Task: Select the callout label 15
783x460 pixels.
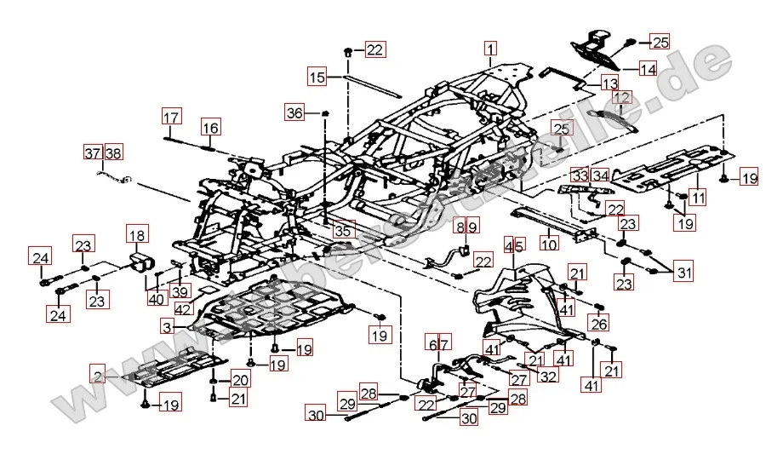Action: (317, 78)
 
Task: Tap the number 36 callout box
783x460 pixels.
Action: (294, 112)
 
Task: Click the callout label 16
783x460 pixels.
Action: (210, 128)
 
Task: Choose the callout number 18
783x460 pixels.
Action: (137, 234)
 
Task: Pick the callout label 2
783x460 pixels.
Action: (100, 374)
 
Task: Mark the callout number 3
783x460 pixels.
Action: (168, 326)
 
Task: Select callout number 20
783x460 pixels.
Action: (242, 380)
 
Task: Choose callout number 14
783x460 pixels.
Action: (649, 69)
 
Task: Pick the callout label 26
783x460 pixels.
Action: (599, 325)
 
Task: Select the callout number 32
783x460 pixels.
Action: (548, 376)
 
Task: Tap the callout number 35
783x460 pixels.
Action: (342, 231)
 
